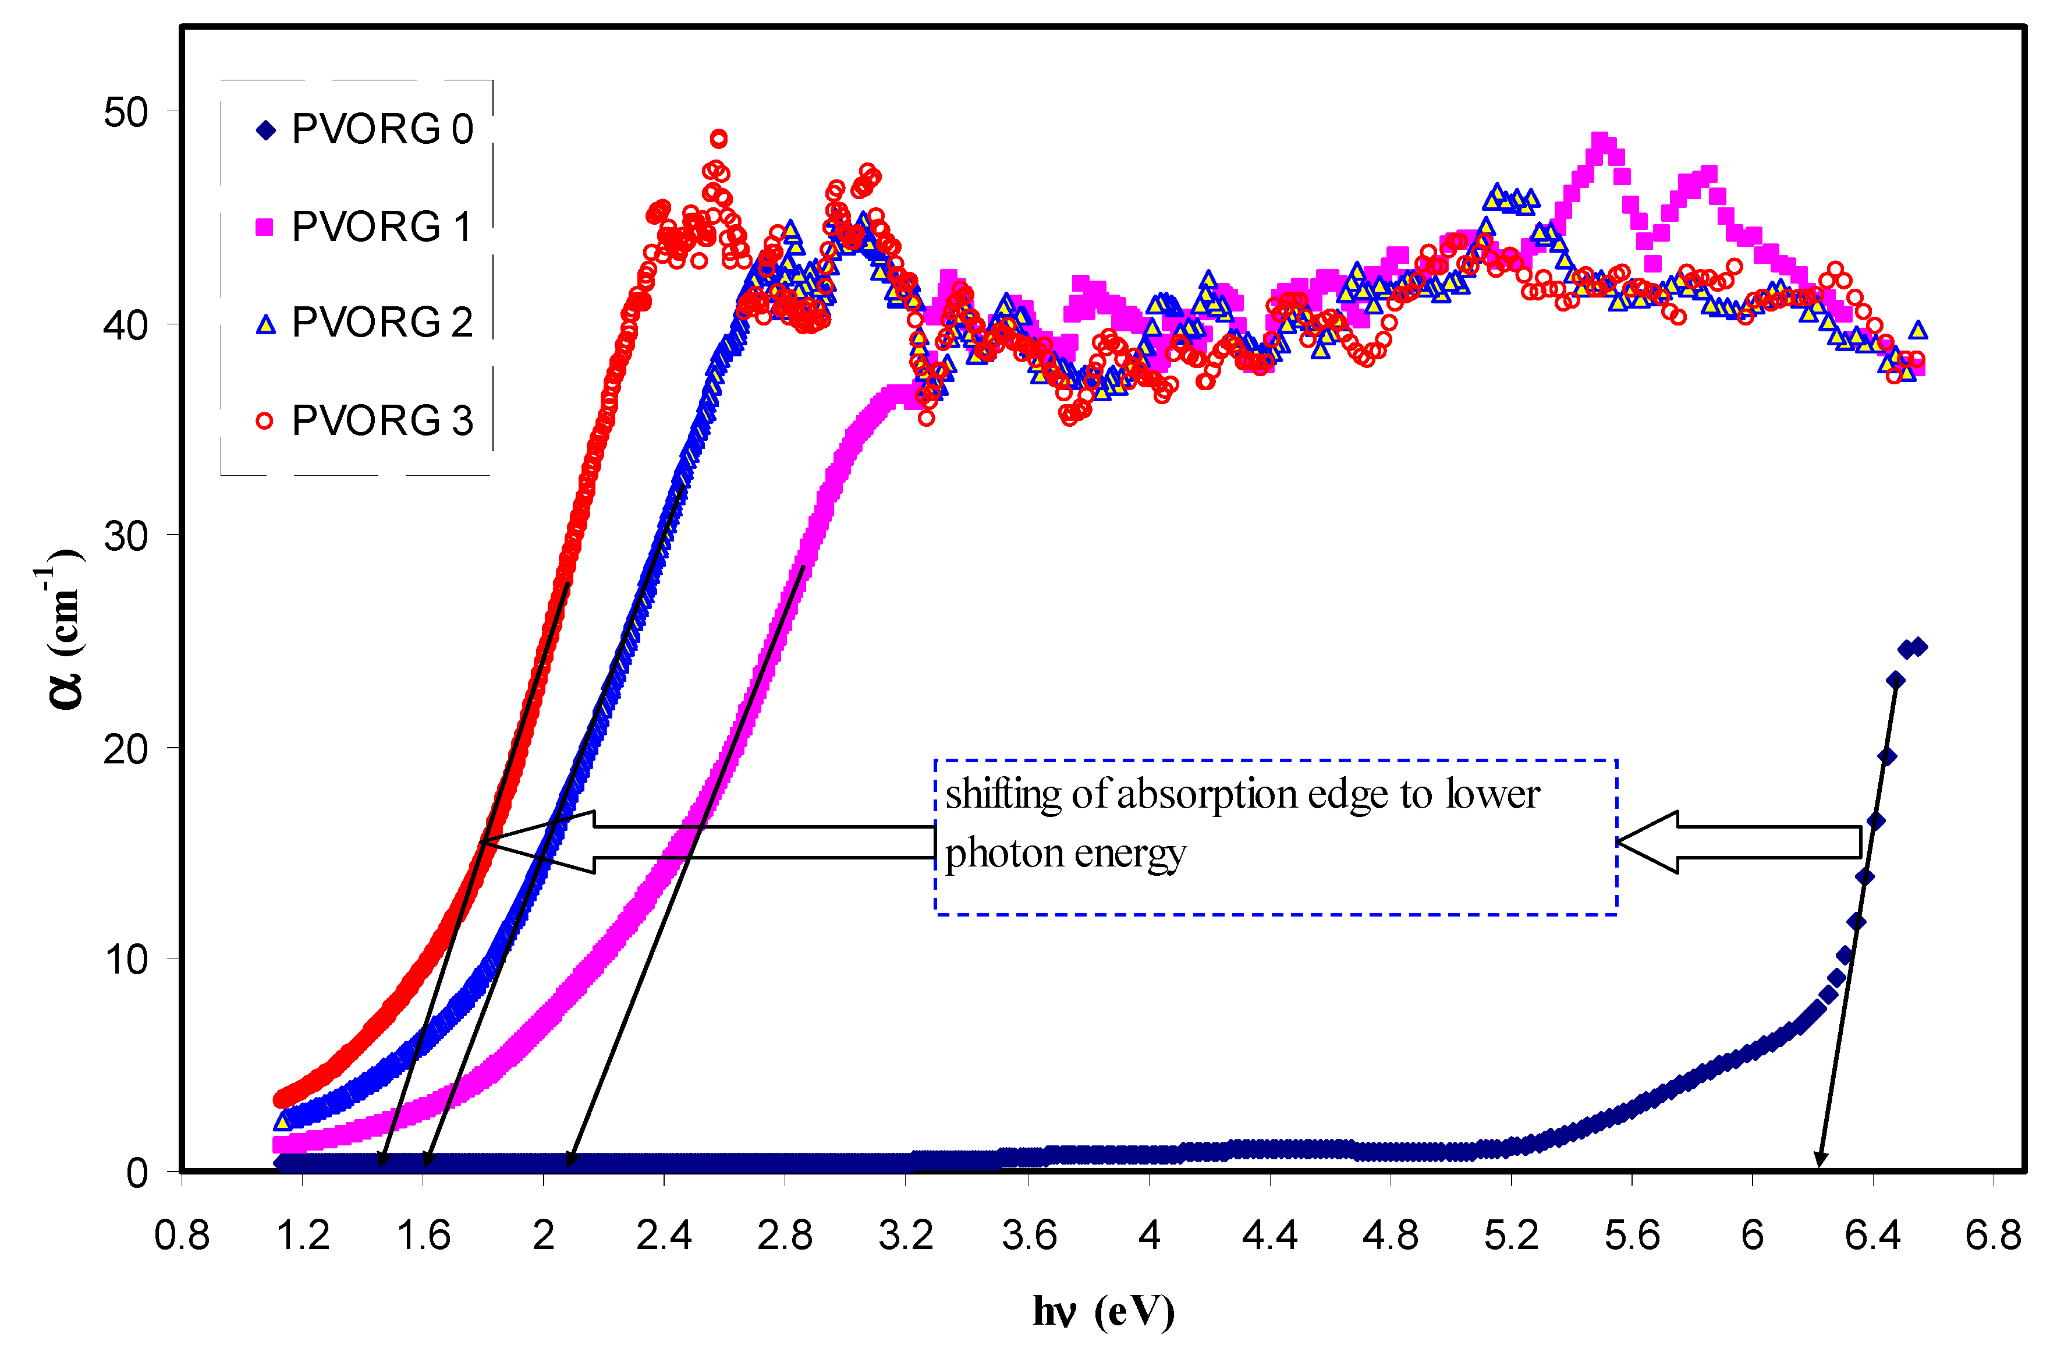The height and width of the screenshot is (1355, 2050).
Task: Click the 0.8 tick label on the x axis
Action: (x=182, y=1236)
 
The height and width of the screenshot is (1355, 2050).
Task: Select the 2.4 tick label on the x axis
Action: (x=664, y=1236)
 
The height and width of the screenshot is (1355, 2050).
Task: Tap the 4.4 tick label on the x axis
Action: (x=1269, y=1236)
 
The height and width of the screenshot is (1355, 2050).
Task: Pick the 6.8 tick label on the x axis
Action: (x=1993, y=1236)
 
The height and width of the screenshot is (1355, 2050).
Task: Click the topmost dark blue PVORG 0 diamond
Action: (x=1918, y=646)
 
